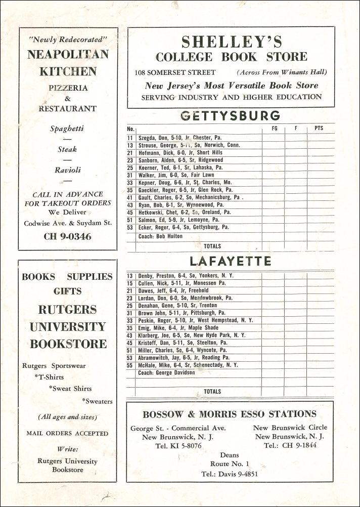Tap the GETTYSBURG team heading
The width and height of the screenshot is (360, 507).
point(231,116)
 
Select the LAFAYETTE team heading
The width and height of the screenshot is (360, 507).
point(231,261)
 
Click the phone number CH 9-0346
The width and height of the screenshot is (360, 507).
point(68,236)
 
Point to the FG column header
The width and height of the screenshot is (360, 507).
point(275,129)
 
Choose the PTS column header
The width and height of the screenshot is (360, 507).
point(319,129)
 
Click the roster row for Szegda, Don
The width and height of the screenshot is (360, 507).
point(180,138)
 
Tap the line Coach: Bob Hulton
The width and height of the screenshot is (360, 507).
point(160,235)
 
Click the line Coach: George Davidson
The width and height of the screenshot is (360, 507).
point(166,373)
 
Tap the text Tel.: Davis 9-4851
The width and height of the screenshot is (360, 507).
point(230,474)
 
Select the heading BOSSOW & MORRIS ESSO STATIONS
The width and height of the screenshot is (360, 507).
point(230,414)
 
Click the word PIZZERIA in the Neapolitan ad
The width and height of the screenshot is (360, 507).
point(68,88)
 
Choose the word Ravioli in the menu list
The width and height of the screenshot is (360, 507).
point(68,170)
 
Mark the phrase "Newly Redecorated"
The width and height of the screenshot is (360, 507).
point(68,39)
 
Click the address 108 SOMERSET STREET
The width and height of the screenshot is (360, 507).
point(175,72)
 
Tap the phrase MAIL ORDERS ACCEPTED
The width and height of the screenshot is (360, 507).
point(67,433)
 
